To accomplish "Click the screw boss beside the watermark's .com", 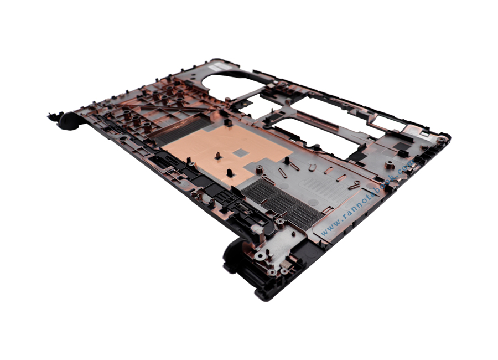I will tap(390, 165).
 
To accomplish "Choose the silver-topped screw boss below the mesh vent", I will tap(281, 225).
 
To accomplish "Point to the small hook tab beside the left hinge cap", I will tap(53, 116).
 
